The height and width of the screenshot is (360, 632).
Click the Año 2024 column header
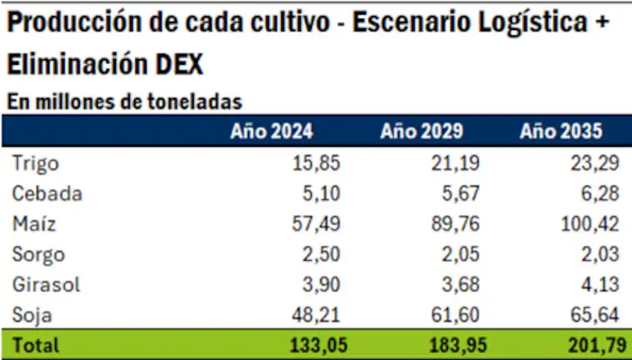[x=271, y=132]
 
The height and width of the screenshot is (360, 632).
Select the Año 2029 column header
[x=421, y=132]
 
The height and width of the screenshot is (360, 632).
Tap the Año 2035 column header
[x=562, y=132]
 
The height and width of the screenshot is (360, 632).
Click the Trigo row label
[x=36, y=164]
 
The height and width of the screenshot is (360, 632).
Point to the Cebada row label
[x=47, y=194]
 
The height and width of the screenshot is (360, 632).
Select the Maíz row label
[x=34, y=224]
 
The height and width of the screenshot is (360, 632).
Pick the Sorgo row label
[x=39, y=255]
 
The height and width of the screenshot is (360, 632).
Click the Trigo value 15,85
[x=318, y=164]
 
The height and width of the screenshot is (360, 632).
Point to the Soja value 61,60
[x=458, y=315]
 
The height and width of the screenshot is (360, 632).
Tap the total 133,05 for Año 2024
[x=318, y=345]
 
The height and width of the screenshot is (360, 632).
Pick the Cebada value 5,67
[x=463, y=194]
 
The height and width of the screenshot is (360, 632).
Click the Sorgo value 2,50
[x=323, y=255]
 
